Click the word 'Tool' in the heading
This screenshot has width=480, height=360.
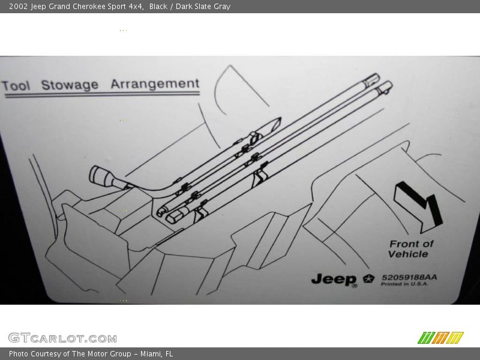16,86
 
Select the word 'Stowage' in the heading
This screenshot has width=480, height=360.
70,85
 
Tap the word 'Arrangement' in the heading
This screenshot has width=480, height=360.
155,84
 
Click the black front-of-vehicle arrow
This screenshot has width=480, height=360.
418,207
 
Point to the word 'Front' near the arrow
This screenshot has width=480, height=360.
401,244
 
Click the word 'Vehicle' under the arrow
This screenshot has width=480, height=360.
408,254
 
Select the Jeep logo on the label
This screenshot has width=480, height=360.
334,280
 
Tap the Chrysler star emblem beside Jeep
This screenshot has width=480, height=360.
368,278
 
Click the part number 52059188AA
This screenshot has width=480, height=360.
409,277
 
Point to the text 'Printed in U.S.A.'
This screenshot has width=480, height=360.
404,284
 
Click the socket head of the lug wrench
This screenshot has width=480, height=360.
101,176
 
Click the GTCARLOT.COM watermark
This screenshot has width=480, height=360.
62,338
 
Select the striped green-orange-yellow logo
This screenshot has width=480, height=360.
440,338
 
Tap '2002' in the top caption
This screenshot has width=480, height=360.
19,7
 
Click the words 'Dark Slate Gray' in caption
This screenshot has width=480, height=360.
203,7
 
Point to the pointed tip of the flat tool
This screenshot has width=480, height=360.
279,119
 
